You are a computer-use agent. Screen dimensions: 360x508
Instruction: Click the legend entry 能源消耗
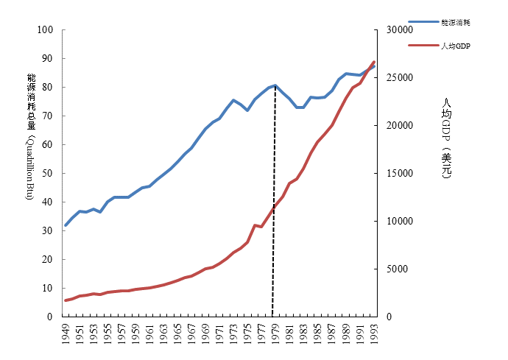click(x=455, y=24)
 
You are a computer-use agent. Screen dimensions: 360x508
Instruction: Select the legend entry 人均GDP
click(x=455, y=46)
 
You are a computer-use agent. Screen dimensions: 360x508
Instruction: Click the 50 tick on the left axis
click(x=49, y=174)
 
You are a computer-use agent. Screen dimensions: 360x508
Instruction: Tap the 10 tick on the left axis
click(x=49, y=289)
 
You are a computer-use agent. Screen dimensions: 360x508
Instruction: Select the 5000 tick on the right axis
click(x=398, y=269)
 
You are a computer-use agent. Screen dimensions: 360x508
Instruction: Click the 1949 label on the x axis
click(x=66, y=334)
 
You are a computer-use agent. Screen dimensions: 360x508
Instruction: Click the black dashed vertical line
click(x=274, y=221)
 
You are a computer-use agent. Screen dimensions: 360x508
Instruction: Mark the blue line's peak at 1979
click(x=275, y=85)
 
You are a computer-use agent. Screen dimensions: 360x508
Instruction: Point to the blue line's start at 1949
click(x=66, y=225)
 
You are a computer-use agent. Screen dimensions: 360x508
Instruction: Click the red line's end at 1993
click(x=374, y=62)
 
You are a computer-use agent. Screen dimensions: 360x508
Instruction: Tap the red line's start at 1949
click(x=66, y=300)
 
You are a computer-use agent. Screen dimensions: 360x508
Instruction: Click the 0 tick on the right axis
click(x=390, y=317)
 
